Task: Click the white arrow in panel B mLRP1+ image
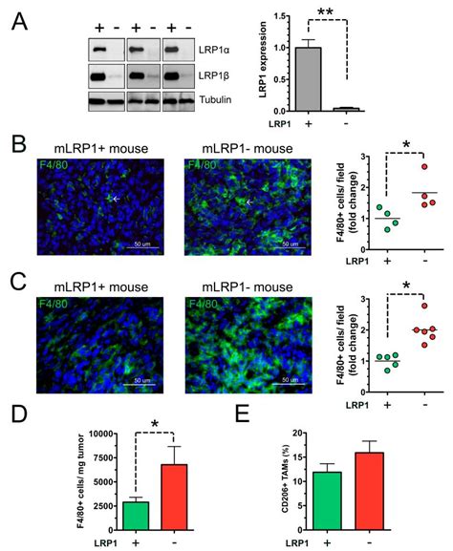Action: click(x=116, y=199)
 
